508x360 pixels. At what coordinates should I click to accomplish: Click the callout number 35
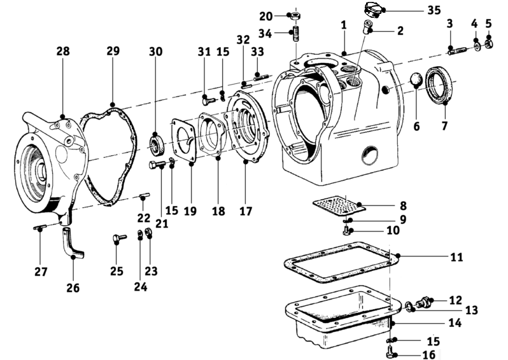tap(434, 10)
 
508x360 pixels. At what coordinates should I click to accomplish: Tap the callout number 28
tap(63, 51)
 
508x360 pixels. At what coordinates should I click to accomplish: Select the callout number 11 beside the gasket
tap(457, 258)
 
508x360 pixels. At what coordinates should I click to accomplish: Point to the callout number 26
tap(73, 287)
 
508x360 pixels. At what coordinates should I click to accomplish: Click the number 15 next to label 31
tap(223, 52)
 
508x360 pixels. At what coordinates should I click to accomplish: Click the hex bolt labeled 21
tap(157, 165)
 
